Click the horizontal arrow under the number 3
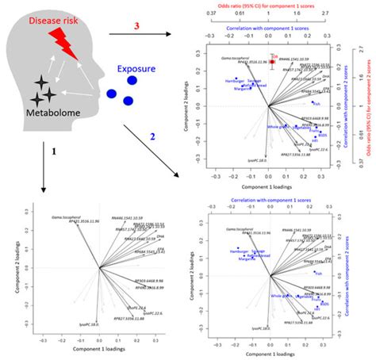click(x=140, y=36)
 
